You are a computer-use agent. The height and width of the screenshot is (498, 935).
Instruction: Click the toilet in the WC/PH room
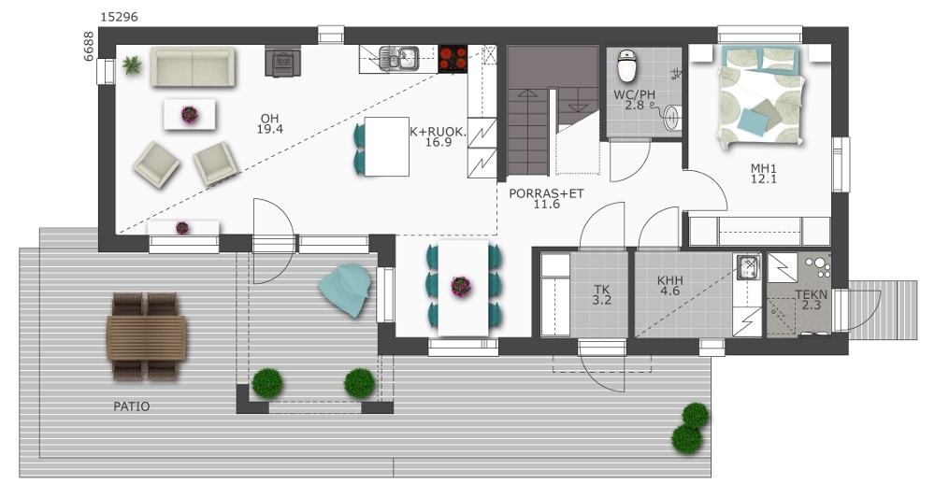pyautogui.click(x=626, y=65)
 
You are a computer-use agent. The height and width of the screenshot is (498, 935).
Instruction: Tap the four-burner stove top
pyautogui.click(x=453, y=58)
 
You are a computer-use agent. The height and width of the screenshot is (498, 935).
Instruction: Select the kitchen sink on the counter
pyautogui.click(x=399, y=58)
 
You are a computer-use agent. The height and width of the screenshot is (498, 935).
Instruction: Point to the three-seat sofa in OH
pyautogui.click(x=193, y=66)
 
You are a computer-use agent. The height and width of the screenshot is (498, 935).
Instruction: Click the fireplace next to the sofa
pyautogui.click(x=282, y=62)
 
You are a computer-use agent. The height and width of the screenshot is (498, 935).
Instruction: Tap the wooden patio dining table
pyautogui.click(x=146, y=337)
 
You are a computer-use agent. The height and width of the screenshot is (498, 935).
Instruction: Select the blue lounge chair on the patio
pyautogui.click(x=345, y=290)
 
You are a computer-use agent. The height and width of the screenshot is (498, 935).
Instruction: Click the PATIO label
pyautogui.click(x=132, y=406)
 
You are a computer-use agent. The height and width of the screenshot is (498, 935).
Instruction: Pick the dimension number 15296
pyautogui.click(x=119, y=17)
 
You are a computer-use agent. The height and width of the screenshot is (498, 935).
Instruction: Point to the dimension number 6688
pyautogui.click(x=88, y=46)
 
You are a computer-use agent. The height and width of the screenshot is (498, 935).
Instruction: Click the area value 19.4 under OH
pyautogui.click(x=269, y=129)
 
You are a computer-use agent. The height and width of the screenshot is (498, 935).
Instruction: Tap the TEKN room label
pyautogui.click(x=811, y=294)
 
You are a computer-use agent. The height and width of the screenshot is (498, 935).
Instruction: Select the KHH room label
pyautogui.click(x=670, y=280)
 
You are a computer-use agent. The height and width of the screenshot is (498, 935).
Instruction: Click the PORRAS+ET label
pyautogui.click(x=546, y=193)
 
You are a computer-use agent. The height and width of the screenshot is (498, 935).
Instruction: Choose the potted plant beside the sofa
pyautogui.click(x=132, y=64)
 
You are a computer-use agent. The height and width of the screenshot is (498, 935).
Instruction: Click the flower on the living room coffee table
pyautogui.click(x=189, y=114)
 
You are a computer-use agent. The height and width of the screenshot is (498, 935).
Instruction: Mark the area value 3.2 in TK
pyautogui.click(x=601, y=300)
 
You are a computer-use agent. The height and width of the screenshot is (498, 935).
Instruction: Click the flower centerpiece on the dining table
pyautogui.click(x=461, y=287)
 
